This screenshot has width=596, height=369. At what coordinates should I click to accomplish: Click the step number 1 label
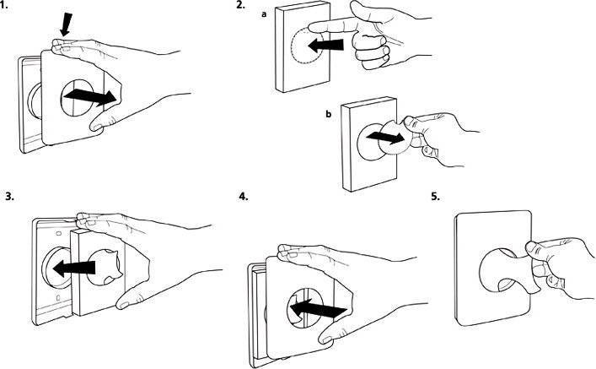5,7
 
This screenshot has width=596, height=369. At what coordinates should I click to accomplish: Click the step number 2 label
240,5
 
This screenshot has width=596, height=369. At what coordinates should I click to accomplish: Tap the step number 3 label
10,197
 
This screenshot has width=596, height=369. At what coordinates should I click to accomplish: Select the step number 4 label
244,197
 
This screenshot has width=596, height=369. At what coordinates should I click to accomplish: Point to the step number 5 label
435,197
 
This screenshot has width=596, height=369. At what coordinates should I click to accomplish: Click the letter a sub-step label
264,14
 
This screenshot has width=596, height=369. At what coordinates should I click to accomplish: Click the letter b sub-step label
329,114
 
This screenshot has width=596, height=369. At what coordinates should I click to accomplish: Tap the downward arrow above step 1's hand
66,24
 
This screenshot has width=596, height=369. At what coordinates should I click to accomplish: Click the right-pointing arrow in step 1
90,97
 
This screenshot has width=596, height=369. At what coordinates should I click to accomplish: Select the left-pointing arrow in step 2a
325,46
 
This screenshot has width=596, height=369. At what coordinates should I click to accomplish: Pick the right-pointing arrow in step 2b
386,136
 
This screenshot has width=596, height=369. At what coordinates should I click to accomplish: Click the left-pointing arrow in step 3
74,268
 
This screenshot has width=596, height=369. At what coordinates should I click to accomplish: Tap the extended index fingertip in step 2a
312,27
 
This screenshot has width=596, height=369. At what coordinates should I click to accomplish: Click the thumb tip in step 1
95,126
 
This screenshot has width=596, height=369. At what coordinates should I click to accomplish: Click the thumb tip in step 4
325,339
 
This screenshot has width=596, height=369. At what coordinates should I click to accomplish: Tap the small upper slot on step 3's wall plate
58,232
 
